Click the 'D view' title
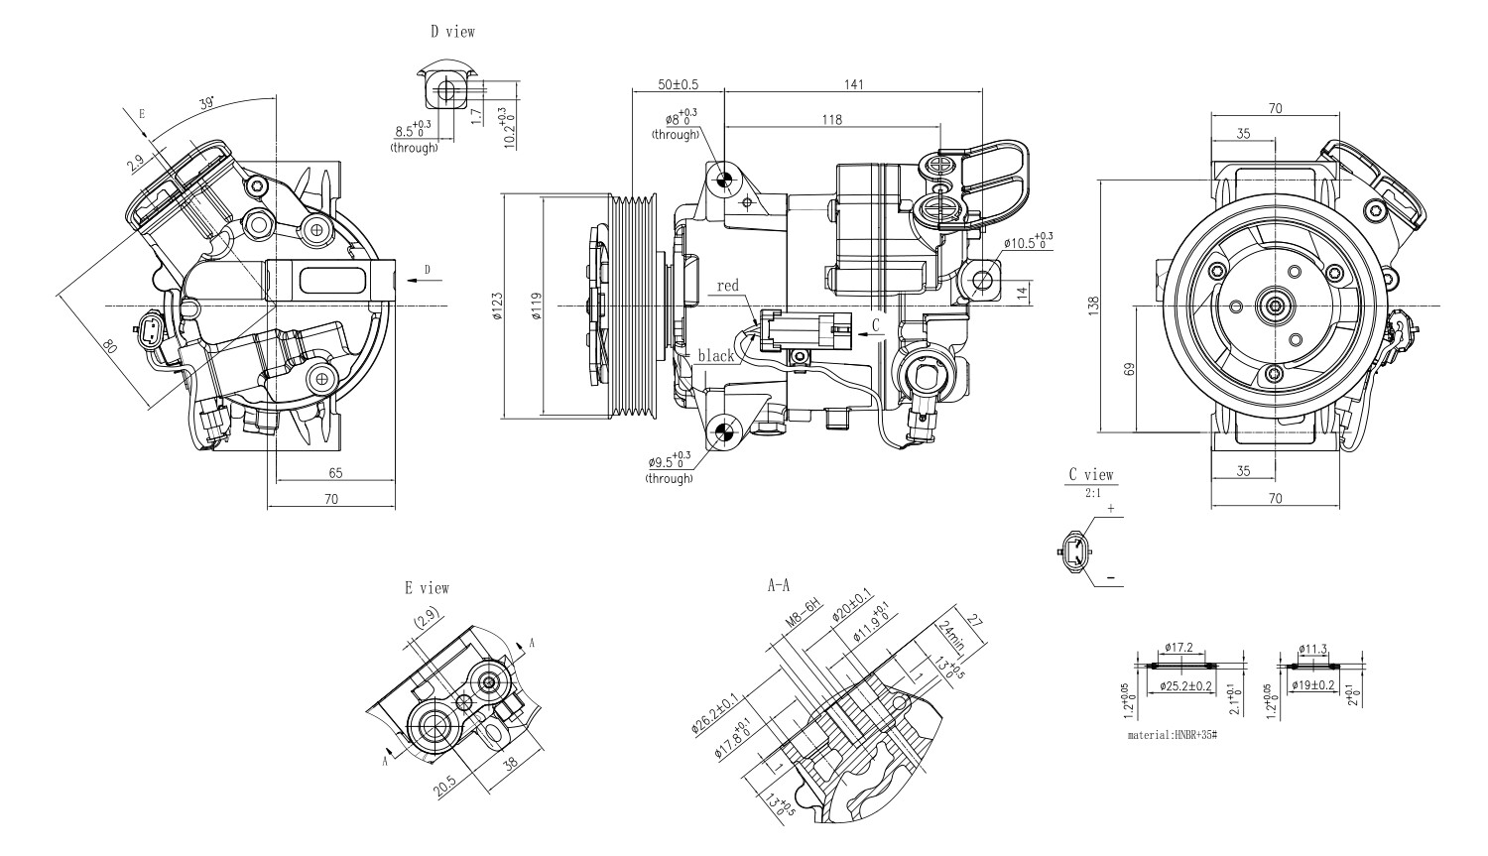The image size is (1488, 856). pyautogui.click(x=452, y=32)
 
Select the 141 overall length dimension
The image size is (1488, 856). pyautogui.click(x=853, y=84)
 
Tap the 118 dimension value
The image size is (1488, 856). pyautogui.click(x=831, y=120)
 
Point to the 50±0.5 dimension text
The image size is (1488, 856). pyautogui.click(x=678, y=84)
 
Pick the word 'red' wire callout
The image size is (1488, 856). pyautogui.click(x=728, y=286)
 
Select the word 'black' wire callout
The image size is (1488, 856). pyautogui.click(x=715, y=355)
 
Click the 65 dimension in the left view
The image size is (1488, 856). pyautogui.click(x=335, y=472)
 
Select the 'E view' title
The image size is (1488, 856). pyautogui.click(x=427, y=588)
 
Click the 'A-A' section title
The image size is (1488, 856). pyautogui.click(x=779, y=586)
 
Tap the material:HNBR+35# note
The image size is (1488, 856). pyautogui.click(x=1172, y=737)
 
